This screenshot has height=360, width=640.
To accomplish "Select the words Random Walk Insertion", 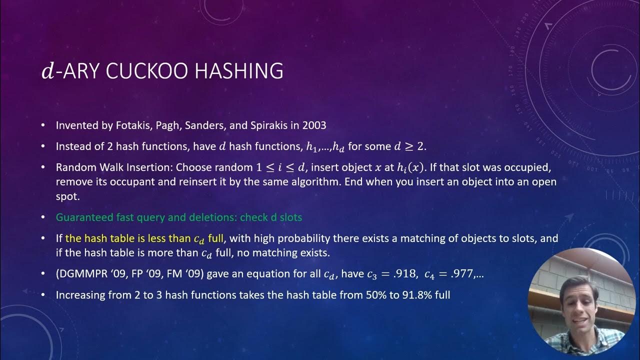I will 114,167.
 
